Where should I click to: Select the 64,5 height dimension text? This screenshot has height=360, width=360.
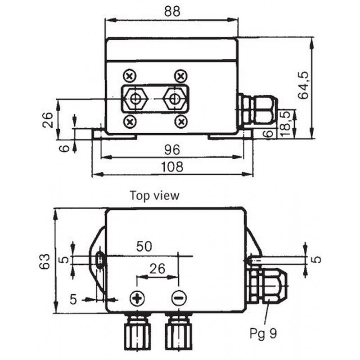304,85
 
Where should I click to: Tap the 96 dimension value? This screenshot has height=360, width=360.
172,150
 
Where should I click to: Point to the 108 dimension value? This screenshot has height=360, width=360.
172,166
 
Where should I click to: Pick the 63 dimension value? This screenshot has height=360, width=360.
45,261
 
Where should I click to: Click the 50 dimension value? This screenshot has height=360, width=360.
144,246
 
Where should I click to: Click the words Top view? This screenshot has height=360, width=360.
154,196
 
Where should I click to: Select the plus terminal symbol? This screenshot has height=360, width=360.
137,298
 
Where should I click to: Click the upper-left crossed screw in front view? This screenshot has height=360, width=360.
130,76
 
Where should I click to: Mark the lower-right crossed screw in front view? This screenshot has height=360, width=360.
181,121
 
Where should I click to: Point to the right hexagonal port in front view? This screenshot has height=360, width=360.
174,99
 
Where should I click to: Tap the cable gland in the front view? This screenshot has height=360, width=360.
257,109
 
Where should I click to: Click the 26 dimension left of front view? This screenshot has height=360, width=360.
48,120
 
